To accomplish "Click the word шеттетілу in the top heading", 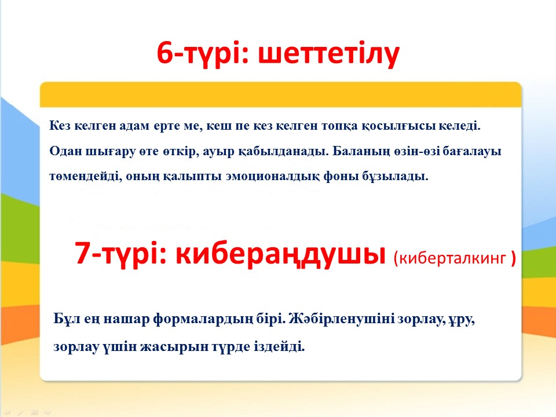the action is [x=329, y=54].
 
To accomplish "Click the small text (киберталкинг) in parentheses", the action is [x=455, y=258].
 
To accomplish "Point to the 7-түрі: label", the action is [x=121, y=254].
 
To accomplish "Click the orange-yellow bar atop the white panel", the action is [x=280, y=94].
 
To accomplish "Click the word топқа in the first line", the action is [x=339, y=126].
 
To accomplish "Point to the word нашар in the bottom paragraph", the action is [x=126, y=320].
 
